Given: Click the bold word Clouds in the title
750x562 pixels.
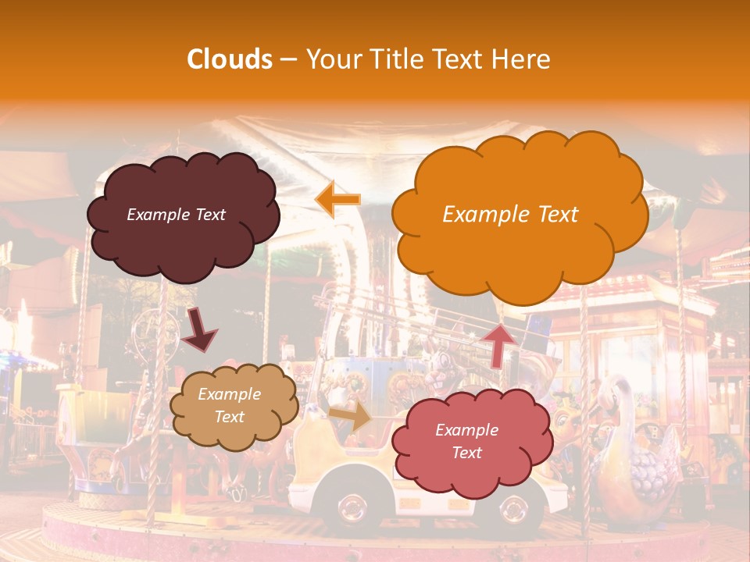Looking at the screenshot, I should pos(230,59).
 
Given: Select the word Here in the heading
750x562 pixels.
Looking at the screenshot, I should pos(523,59).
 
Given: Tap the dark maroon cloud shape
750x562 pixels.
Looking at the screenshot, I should pos(183,216).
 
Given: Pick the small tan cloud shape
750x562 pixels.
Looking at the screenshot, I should pos(234,406).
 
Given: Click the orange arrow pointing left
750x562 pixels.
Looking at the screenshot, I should pos(337,199).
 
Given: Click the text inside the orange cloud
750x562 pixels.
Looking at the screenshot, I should pos(510,215).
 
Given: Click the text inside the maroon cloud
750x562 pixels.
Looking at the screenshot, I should pos(176,215).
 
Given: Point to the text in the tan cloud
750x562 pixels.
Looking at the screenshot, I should pos(229,406).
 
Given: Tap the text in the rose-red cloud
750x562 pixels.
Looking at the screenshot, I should pos(466,441).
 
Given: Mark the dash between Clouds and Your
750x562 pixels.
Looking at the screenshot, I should pos(288,60).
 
